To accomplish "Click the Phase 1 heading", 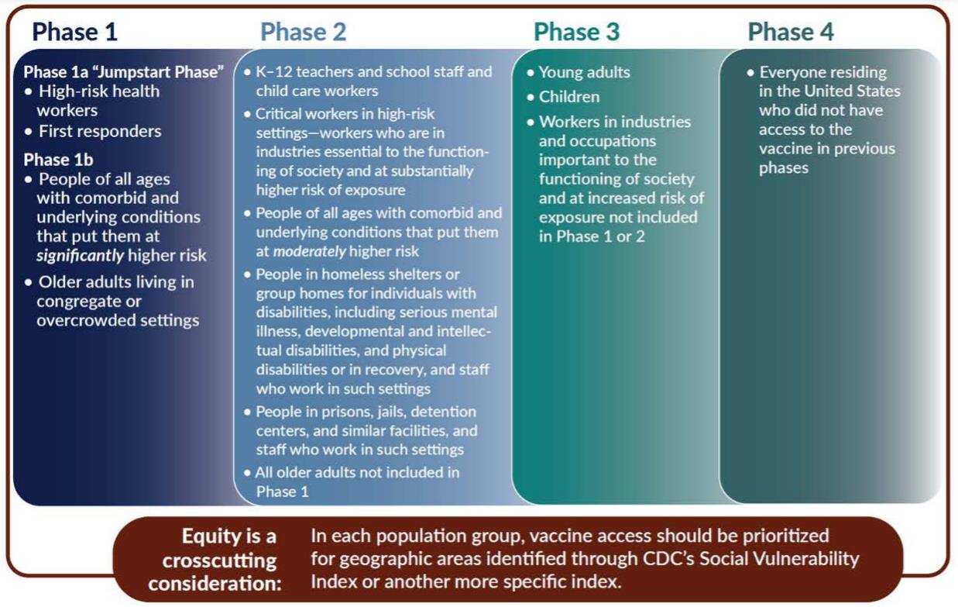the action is (75, 32).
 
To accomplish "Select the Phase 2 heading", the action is (304, 32).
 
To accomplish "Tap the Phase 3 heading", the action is (576, 32).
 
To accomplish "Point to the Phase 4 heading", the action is (791, 32).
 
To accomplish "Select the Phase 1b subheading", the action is (59, 160).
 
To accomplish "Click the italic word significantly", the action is (80, 256).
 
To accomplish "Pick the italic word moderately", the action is (309, 252).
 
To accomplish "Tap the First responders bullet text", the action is (100, 131).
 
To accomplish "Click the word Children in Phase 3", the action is (569, 97).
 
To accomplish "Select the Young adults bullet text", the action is (584, 72).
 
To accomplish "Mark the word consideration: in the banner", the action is (215, 584).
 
